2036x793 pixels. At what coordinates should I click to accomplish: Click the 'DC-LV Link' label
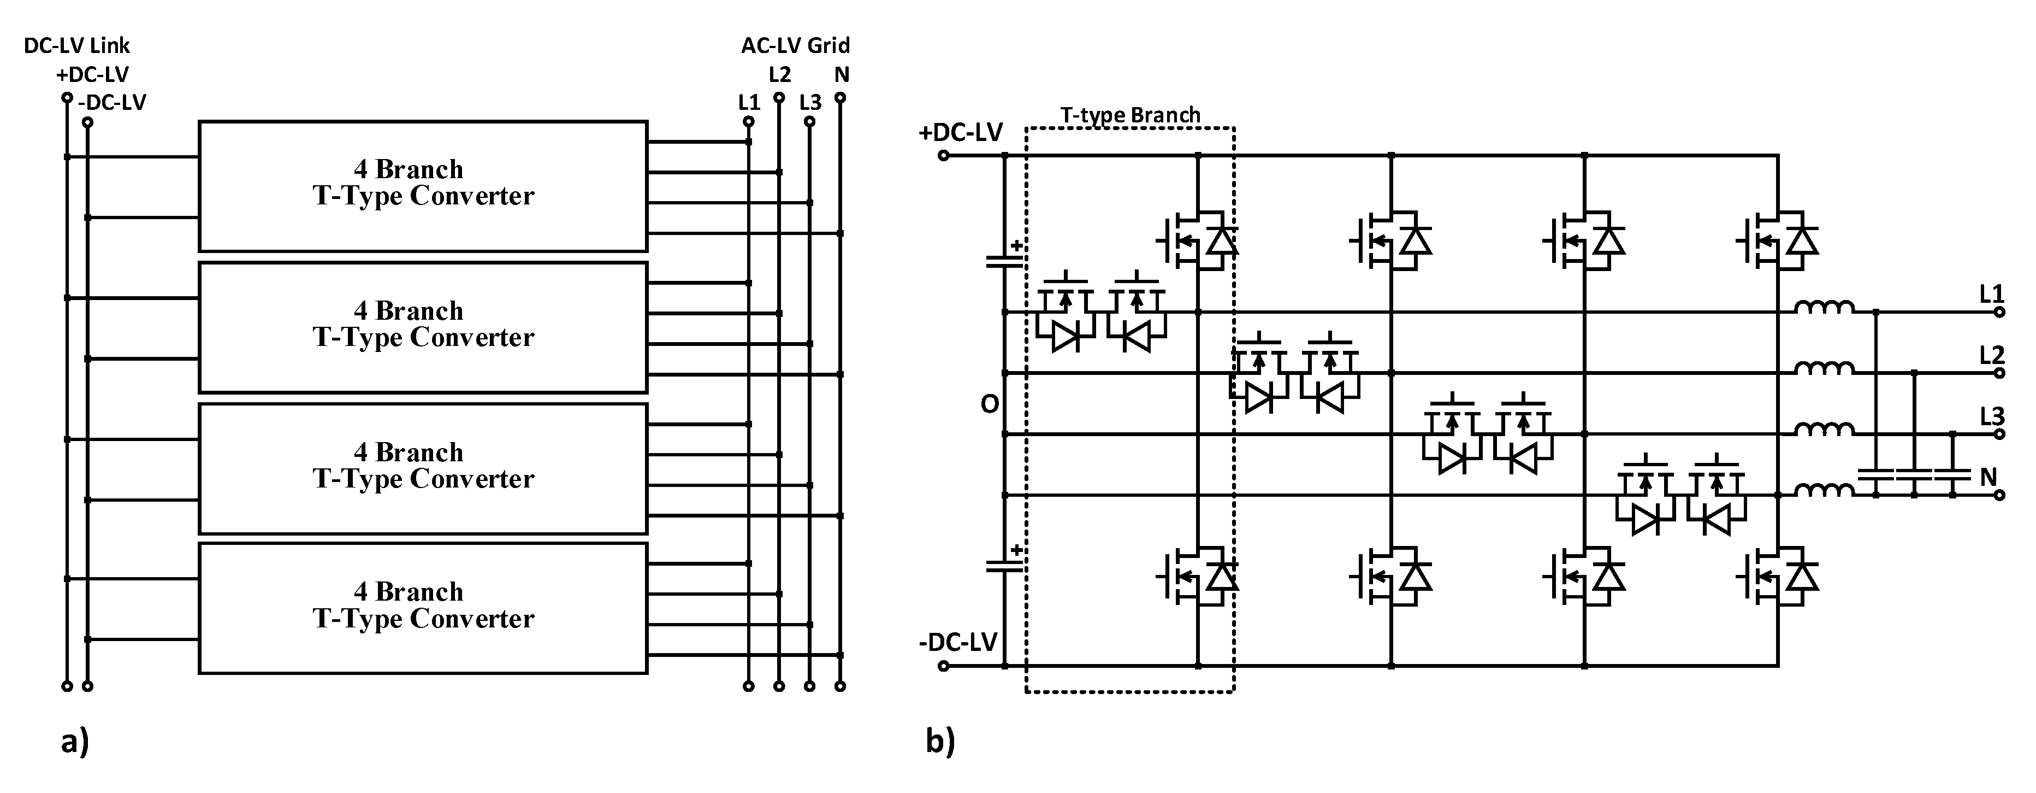(x=76, y=46)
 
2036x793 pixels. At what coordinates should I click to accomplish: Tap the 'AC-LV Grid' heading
(x=795, y=46)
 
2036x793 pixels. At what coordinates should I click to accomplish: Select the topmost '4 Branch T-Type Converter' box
(x=423, y=186)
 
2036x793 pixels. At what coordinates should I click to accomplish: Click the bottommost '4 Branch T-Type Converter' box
(x=423, y=607)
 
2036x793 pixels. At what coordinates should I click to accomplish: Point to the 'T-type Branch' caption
(x=1131, y=115)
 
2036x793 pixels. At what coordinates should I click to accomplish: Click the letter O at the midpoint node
(x=990, y=405)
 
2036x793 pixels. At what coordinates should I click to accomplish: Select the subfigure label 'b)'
(x=940, y=742)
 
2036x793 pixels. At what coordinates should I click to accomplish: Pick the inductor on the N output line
(x=1824, y=490)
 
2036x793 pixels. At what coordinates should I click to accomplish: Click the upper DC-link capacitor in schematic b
(x=1004, y=261)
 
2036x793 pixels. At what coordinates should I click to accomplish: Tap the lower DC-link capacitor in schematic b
(x=1004, y=565)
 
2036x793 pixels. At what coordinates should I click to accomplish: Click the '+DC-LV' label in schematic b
(x=960, y=132)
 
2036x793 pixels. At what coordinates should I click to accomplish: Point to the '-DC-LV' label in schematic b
(x=958, y=642)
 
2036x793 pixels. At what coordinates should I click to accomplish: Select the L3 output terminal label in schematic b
(x=1992, y=416)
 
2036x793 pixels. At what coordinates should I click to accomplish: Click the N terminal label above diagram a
(x=842, y=75)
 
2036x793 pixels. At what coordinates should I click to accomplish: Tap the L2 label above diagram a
(x=779, y=75)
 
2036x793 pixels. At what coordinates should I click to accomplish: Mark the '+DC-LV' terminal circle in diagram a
(x=67, y=98)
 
